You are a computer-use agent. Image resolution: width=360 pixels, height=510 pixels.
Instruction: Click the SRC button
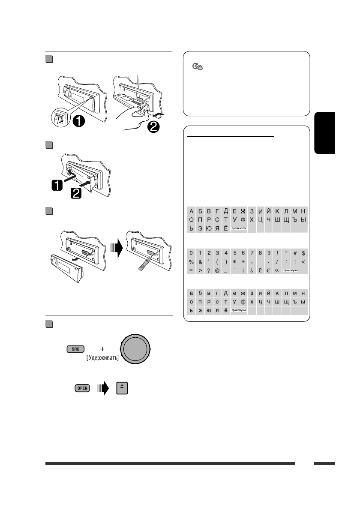[76, 349]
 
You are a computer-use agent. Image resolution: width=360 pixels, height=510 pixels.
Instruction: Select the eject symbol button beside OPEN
[122, 388]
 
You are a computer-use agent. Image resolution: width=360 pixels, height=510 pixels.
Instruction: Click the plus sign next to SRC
[103, 349]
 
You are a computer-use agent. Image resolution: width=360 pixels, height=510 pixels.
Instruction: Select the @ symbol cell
[217, 270]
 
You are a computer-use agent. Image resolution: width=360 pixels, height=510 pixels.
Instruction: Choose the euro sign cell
[269, 270]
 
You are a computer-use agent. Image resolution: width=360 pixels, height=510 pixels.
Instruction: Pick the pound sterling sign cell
[260, 270]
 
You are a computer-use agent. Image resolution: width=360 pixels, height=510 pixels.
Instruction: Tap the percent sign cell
[192, 262]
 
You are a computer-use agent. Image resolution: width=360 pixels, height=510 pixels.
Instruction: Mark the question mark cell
[209, 270]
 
